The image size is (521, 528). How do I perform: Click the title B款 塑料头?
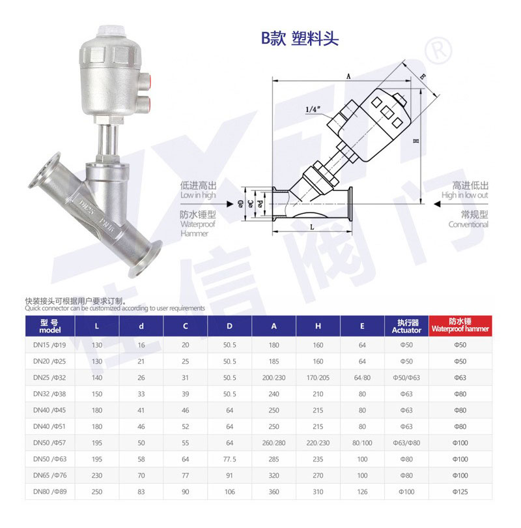tap(300, 38)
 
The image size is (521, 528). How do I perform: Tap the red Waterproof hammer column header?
tap(460, 326)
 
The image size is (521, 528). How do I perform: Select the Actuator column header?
tap(406, 326)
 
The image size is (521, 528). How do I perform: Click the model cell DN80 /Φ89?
tap(49, 491)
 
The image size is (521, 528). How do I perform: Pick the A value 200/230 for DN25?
tap(274, 378)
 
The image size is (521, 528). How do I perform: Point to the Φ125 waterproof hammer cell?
tap(460, 491)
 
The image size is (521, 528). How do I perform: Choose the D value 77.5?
tap(229, 459)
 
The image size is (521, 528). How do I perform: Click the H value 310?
tap(318, 491)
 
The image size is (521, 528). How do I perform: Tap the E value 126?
tap(362, 491)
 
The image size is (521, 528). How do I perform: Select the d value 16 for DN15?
tap(141, 345)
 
